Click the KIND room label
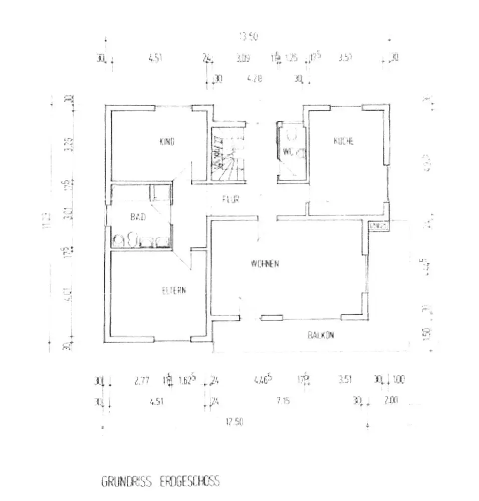click(x=166, y=142)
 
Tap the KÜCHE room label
click(x=344, y=142)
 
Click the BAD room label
click(x=137, y=217)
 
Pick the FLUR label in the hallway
click(x=231, y=199)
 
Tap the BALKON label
click(x=321, y=336)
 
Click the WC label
click(x=287, y=151)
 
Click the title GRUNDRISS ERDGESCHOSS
click(x=160, y=482)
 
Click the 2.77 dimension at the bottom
click(x=142, y=381)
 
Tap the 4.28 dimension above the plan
click(x=256, y=79)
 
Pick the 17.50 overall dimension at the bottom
click(x=234, y=422)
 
